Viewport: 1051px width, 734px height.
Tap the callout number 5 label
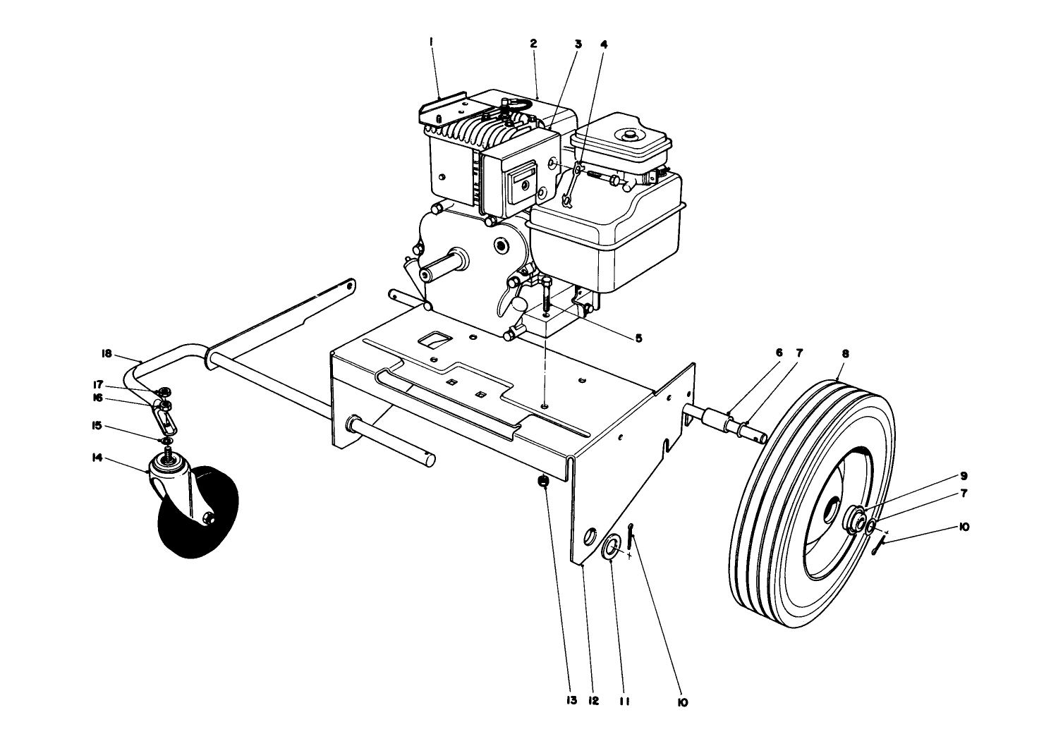pos(638,338)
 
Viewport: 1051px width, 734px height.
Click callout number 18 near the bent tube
pos(107,353)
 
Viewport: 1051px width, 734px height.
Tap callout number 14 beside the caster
pos(97,458)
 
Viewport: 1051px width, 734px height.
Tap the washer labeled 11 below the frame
pos(612,546)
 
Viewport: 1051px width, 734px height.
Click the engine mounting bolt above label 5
pos(548,290)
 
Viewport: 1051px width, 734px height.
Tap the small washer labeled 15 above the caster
pos(168,441)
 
